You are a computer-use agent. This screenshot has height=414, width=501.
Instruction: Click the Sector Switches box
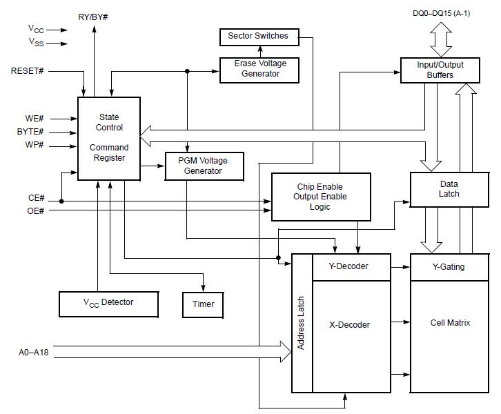point(259,36)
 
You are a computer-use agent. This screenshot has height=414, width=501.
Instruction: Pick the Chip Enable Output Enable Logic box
point(321,197)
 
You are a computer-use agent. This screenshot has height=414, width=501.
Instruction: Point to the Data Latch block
point(449,189)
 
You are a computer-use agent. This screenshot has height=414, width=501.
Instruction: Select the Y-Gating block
point(449,267)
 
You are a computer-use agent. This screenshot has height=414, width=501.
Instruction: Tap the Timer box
point(203,304)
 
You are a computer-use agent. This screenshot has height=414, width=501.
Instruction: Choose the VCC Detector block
point(108,302)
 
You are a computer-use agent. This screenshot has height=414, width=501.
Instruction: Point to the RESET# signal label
point(28,71)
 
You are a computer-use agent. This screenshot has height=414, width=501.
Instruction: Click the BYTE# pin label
point(30,132)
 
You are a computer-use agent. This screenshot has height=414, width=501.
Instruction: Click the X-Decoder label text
point(350,325)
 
